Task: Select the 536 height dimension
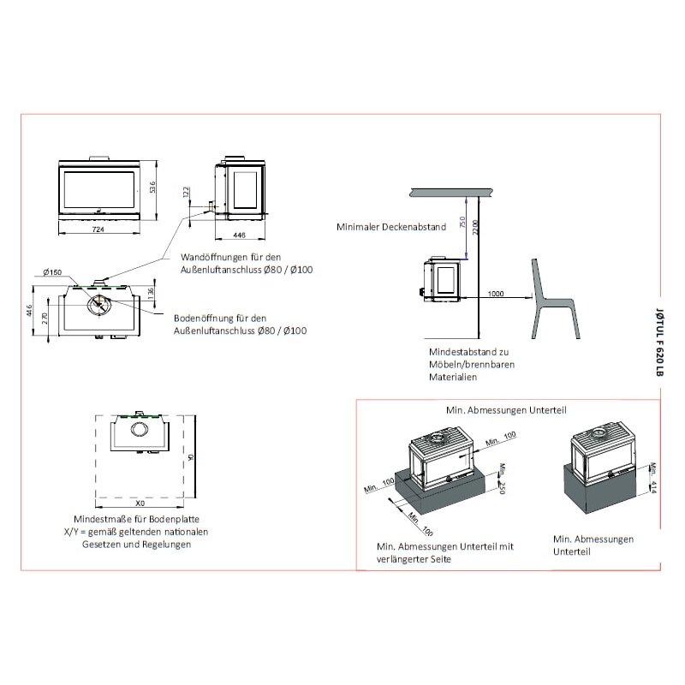click(152, 187)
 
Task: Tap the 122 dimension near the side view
click(186, 193)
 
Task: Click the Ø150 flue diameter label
click(53, 272)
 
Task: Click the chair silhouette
click(548, 300)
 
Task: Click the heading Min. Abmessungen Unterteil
click(505, 411)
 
